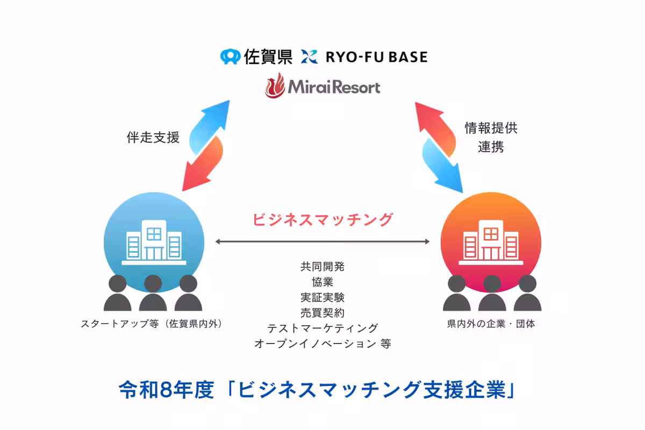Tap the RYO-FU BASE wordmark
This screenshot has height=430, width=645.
click(x=376, y=56)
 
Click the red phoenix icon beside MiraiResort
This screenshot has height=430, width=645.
click(x=275, y=87)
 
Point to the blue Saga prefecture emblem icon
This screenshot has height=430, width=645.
click(x=230, y=56)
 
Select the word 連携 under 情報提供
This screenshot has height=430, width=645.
click(x=491, y=147)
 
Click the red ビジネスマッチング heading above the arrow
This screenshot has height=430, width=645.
click(x=322, y=219)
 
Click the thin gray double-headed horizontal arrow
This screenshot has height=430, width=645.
click(x=322, y=242)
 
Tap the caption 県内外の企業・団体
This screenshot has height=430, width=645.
click(x=491, y=324)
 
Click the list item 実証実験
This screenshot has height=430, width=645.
click(x=322, y=297)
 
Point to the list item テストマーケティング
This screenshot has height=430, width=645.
click(x=322, y=328)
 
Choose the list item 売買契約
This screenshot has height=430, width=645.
click(x=322, y=312)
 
